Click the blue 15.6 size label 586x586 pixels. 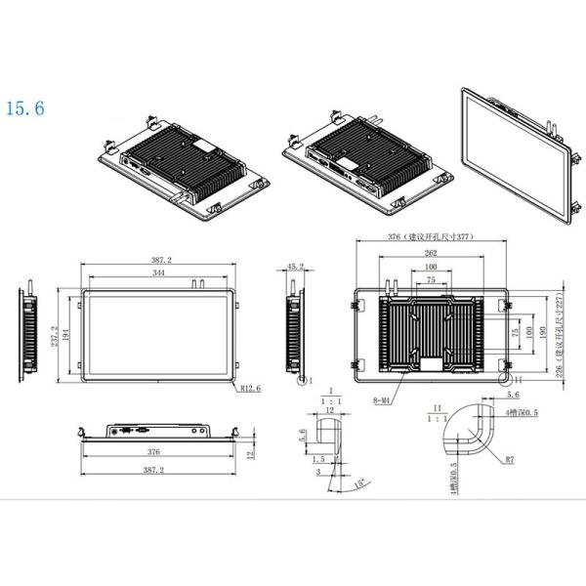pyautogui.click(x=24, y=107)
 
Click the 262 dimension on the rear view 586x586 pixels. pyautogui.click(x=431, y=253)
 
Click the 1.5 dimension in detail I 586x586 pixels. pyautogui.click(x=320, y=458)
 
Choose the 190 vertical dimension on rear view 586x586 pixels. pyautogui.click(x=541, y=331)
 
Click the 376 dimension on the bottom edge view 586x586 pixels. pyautogui.click(x=155, y=452)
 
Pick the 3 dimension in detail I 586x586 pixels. pyautogui.click(x=318, y=472)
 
